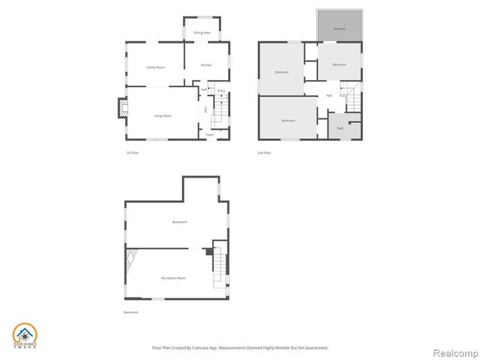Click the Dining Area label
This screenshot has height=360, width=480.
click(x=202, y=33)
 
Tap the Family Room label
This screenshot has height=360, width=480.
click(x=155, y=67)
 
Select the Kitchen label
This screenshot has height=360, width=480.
click(x=205, y=65)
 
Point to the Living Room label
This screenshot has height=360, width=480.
click(x=163, y=115)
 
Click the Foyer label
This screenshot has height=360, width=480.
click(x=210, y=134)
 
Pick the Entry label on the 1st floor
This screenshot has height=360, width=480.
click(x=221, y=91)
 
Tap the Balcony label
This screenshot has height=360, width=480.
click(x=340, y=29)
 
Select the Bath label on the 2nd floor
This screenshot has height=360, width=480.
click(x=340, y=128)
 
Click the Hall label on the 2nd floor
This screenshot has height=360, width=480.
click(x=328, y=95)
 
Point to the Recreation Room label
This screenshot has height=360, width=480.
click(x=173, y=277)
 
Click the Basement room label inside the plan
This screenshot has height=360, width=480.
click(x=179, y=222)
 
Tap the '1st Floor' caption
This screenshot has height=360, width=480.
click(x=132, y=153)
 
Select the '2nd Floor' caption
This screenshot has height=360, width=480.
click(x=264, y=153)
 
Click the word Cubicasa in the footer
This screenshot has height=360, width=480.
click(x=199, y=348)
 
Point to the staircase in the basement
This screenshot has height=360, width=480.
click(x=219, y=262)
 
